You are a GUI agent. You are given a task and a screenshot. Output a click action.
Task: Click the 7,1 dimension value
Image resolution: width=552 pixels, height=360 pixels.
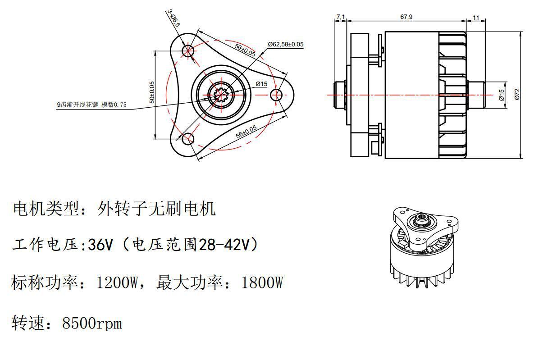pos(340,17)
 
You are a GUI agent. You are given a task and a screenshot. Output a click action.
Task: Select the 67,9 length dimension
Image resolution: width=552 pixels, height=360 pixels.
pos(406,17)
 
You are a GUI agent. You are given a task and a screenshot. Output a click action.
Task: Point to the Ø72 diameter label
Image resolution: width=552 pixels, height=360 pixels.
pos(517,94)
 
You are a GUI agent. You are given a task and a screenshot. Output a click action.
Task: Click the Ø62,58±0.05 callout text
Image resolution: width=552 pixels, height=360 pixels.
pos(285,44)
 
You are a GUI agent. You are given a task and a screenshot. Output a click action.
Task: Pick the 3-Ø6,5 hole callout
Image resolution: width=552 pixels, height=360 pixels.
pos(173,18)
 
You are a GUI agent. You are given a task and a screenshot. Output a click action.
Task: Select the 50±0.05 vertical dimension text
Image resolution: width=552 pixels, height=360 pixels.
pos(152,92)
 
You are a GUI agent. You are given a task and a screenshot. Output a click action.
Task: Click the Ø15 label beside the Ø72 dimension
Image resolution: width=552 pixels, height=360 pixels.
pos(502,95)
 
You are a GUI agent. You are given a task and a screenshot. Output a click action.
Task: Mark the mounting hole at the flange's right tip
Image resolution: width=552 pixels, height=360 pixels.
pos(277,95)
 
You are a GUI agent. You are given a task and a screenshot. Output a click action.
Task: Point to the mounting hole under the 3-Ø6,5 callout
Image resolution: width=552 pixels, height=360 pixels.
pos(188,50)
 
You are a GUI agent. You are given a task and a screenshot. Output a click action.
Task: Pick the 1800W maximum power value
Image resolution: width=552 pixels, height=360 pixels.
pos(262,283)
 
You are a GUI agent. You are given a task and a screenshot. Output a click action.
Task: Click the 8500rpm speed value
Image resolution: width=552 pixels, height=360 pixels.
pos(92,323)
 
